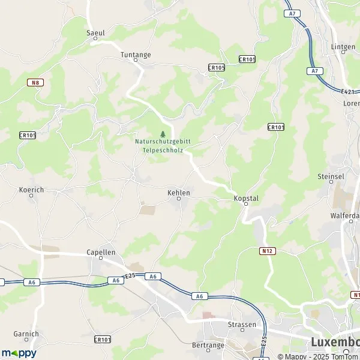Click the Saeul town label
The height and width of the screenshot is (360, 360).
(x=95, y=33)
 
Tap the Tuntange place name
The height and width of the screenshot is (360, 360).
(x=136, y=54)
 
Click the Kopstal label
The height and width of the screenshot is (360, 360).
(x=245, y=197)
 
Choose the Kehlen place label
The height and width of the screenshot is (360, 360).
(x=179, y=193)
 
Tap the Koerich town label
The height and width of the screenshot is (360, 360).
(x=32, y=189)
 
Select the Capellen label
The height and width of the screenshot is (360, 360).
(x=101, y=253)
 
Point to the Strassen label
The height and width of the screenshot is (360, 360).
(x=242, y=325)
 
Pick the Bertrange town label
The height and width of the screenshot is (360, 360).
(x=208, y=345)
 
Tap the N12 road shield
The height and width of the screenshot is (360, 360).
(x=268, y=251)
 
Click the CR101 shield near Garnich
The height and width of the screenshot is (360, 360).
(x=103, y=340)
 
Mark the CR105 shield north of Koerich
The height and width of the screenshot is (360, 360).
(x=28, y=136)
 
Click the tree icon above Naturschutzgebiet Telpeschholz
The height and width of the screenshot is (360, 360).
(x=162, y=133)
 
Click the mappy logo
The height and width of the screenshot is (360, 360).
(x=19, y=353)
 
